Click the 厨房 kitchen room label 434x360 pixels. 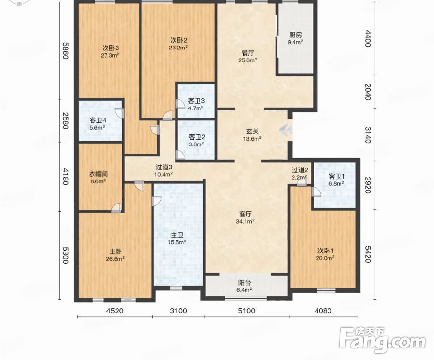pos(295,35)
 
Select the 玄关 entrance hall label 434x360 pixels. pos(252,132)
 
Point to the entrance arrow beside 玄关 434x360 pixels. pos(286,130)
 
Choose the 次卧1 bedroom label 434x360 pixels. pos(325,251)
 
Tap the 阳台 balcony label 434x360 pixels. pos(245,283)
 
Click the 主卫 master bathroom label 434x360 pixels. pos(177,235)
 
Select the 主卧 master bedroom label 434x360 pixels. pos(116,252)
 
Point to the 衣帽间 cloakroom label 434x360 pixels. pos(98,174)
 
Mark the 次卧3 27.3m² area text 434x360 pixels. pos(110,55)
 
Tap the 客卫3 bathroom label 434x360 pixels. pos(197,101)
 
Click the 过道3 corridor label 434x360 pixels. pos(164,167)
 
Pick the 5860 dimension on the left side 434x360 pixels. pos(65,50)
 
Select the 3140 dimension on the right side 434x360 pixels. pos(368,134)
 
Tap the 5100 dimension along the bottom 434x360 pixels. pos(246,311)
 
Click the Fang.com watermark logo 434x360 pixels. pos(382,340)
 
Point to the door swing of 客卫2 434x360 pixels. pos(180,155)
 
